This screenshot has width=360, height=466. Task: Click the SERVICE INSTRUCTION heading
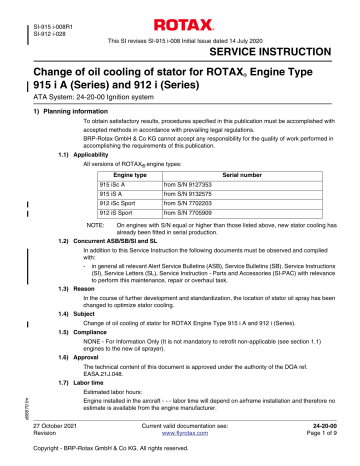coord(279,48)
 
